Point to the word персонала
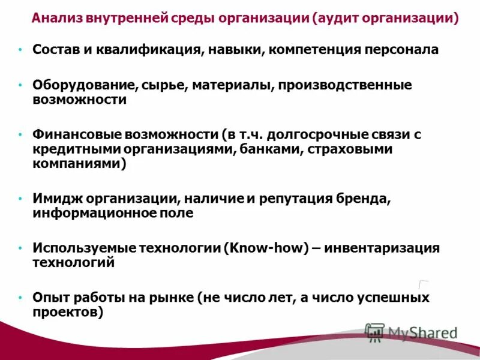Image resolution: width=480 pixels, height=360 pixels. [401, 50]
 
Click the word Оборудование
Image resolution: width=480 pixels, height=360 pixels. [86, 86]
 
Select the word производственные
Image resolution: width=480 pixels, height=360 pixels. [344, 86]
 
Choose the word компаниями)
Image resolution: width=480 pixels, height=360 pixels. [79, 164]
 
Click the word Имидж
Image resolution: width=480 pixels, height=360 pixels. [58, 199]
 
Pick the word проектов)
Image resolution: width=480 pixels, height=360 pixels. [68, 312]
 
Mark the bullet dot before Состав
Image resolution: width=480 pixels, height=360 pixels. [20, 50]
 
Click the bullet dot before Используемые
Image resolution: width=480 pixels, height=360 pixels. [20, 248]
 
